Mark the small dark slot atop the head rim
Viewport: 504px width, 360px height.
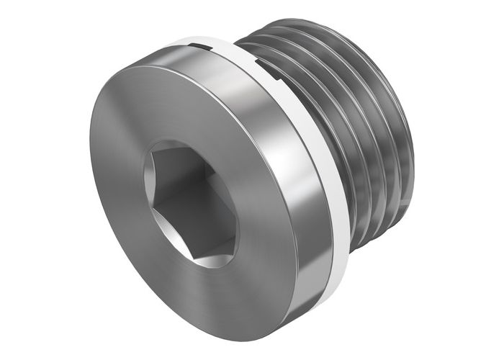coord(200,48)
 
